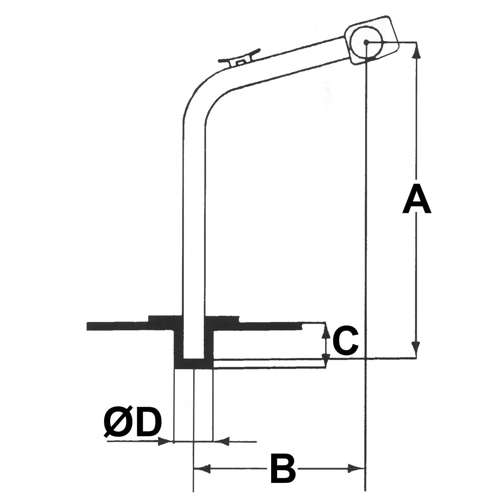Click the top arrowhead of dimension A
pyautogui.click(x=416, y=49)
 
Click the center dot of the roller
pyautogui.click(x=366, y=42)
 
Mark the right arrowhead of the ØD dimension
pyautogui.click(x=220, y=441)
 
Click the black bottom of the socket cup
pyautogui.click(x=194, y=363)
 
